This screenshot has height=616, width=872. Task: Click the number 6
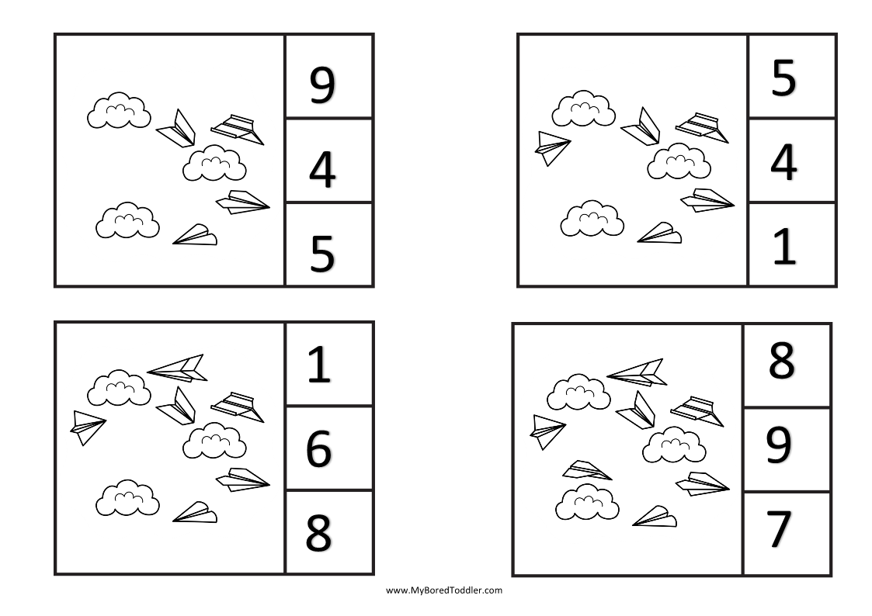click(x=318, y=448)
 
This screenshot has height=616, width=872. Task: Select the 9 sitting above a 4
click(x=322, y=85)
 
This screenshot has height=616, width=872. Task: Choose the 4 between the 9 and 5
click(x=322, y=170)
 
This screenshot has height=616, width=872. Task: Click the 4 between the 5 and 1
click(x=783, y=162)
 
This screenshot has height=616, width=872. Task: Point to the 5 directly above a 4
click(x=783, y=78)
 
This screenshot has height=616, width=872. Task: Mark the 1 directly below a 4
click(x=785, y=247)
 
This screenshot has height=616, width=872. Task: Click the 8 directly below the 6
click(x=318, y=532)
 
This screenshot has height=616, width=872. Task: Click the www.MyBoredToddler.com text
click(x=444, y=590)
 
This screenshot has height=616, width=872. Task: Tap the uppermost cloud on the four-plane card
click(x=118, y=111)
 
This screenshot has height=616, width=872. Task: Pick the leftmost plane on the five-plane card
click(x=552, y=147)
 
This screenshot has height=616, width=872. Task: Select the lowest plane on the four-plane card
click(x=195, y=235)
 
